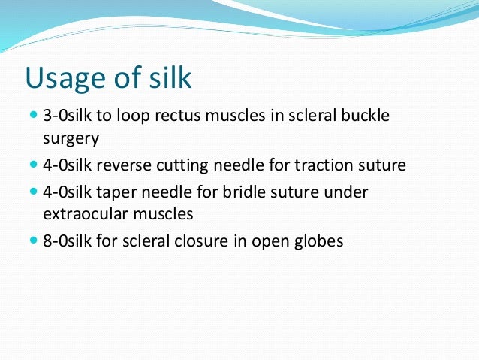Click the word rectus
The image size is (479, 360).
[180, 119]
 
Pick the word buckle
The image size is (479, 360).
[368, 118]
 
